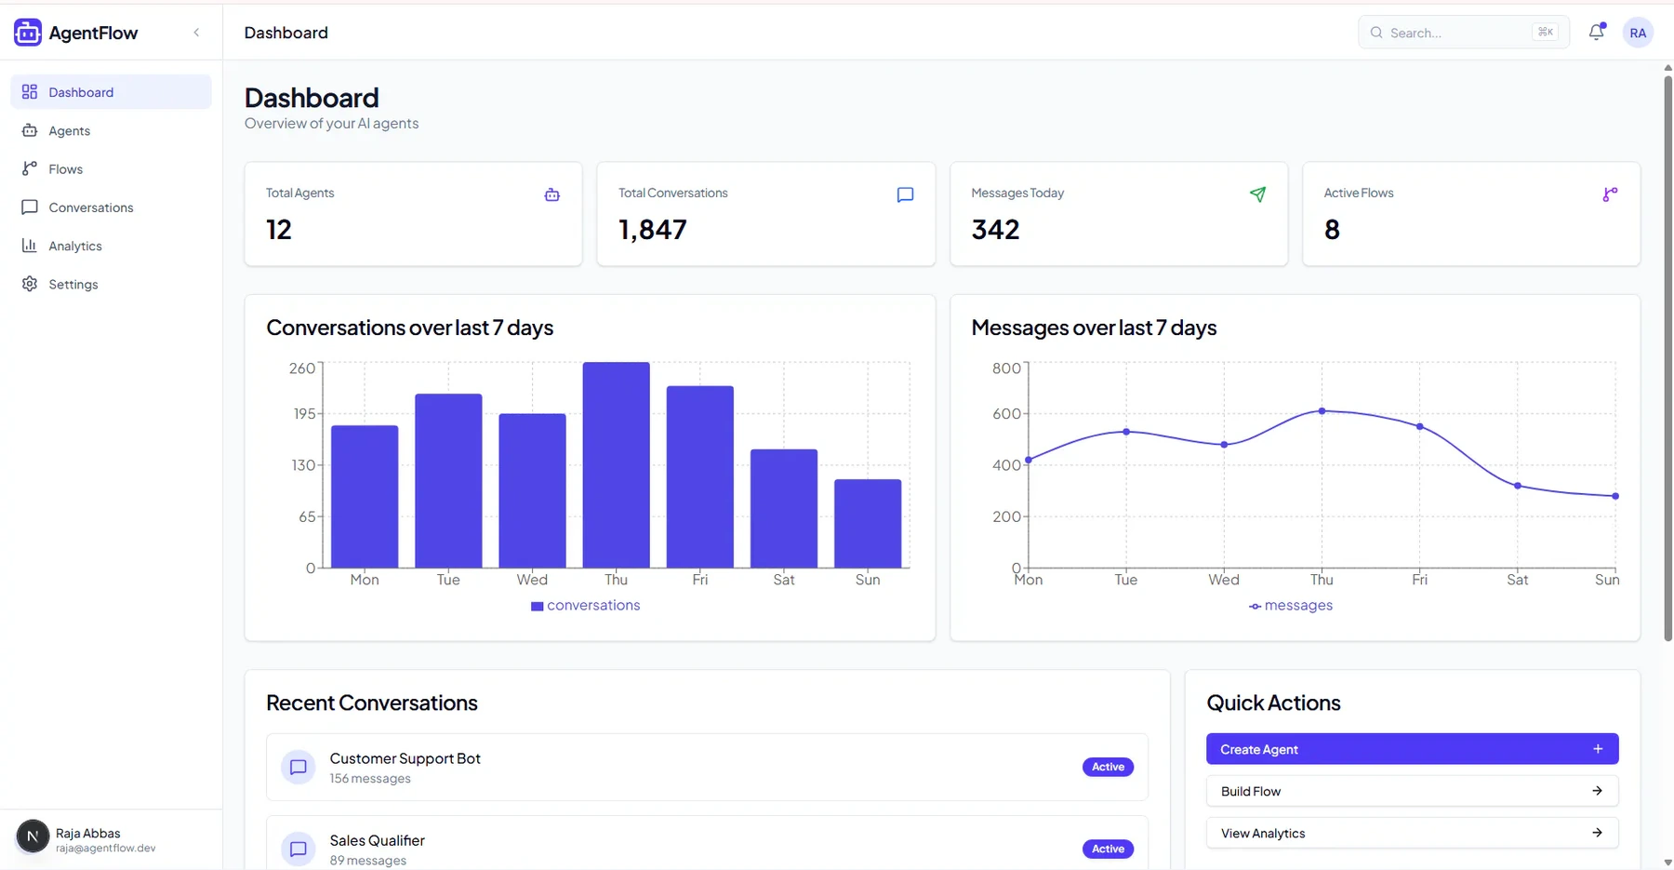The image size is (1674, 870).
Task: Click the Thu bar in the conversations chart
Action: [616, 465]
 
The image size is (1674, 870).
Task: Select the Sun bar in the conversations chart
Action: [868, 524]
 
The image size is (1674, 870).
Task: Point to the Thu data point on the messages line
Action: [1322, 410]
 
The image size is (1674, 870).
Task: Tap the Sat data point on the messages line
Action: [1518, 486]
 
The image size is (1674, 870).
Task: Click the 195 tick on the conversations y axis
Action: [305, 413]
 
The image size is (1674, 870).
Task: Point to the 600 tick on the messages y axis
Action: [1006, 413]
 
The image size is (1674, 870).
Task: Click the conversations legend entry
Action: [585, 605]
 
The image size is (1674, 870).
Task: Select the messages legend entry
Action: [1291, 605]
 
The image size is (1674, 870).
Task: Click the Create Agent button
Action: [1412, 749]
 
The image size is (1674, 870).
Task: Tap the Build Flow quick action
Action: [1412, 791]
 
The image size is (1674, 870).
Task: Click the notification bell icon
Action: [1597, 32]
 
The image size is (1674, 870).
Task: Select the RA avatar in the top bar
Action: [1638, 33]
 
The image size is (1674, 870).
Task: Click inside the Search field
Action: [1463, 33]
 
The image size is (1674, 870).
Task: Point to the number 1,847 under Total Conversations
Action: [653, 230]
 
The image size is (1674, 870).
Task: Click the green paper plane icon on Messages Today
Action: [1257, 194]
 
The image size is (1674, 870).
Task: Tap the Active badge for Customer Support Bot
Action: [1108, 767]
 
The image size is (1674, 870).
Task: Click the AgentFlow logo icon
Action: [28, 33]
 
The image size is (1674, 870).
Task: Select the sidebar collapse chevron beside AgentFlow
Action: [196, 33]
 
